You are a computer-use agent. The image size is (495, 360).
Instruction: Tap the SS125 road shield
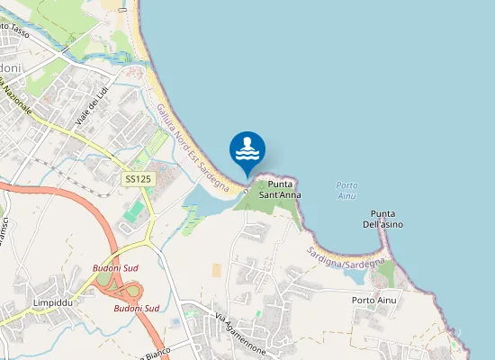(x=137, y=180)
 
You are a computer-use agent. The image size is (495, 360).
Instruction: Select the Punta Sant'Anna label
(x=279, y=189)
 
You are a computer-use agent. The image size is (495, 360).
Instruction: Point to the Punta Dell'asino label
(x=386, y=219)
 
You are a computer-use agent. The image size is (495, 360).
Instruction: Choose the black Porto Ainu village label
(x=373, y=300)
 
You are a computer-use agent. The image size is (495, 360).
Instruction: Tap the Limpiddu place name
(x=51, y=302)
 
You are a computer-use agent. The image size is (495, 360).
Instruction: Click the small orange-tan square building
(x=216, y=270)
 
